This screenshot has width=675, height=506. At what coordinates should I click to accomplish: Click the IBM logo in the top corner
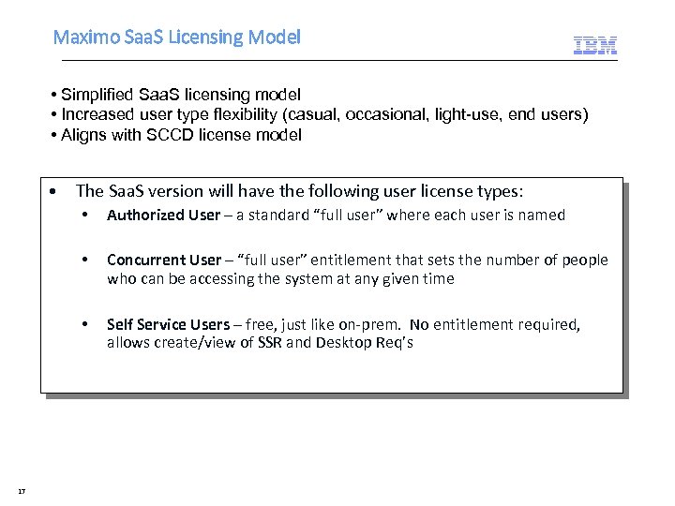pyautogui.click(x=595, y=44)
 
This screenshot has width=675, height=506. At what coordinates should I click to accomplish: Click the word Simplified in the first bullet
pyautogui.click(x=97, y=95)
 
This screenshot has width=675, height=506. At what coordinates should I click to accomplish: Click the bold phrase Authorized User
pyautogui.click(x=163, y=215)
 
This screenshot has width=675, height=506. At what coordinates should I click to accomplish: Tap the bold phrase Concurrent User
pyautogui.click(x=164, y=260)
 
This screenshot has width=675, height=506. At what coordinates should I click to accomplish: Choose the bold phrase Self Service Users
pyautogui.click(x=168, y=324)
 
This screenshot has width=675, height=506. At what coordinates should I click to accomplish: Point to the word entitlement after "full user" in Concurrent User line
pyautogui.click(x=352, y=260)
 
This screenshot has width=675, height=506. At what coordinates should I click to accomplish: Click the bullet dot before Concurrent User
pyautogui.click(x=85, y=260)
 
